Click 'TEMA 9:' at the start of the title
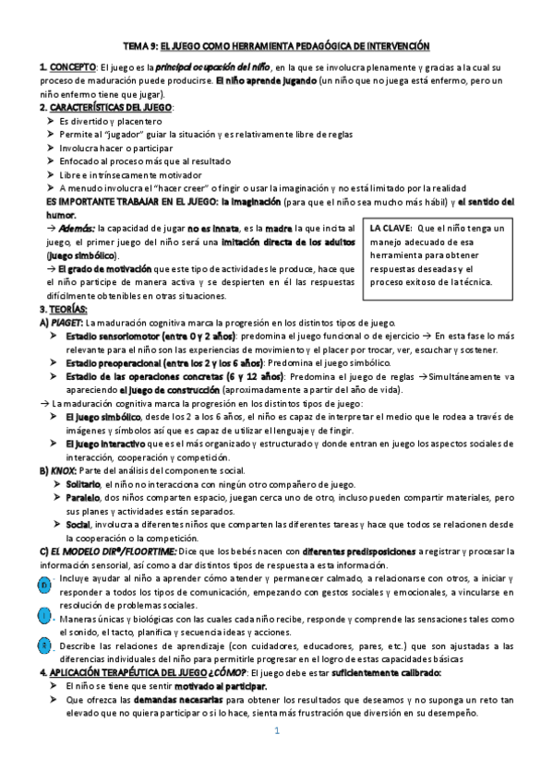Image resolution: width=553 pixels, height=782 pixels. [x=140, y=45]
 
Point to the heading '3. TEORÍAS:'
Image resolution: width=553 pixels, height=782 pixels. [x=63, y=308]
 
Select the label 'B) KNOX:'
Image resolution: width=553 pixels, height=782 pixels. [x=58, y=470]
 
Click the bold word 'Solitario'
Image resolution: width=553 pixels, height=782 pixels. [x=83, y=484]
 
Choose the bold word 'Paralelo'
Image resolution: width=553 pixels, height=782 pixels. [x=83, y=498]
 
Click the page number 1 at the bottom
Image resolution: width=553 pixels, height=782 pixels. [x=276, y=757]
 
